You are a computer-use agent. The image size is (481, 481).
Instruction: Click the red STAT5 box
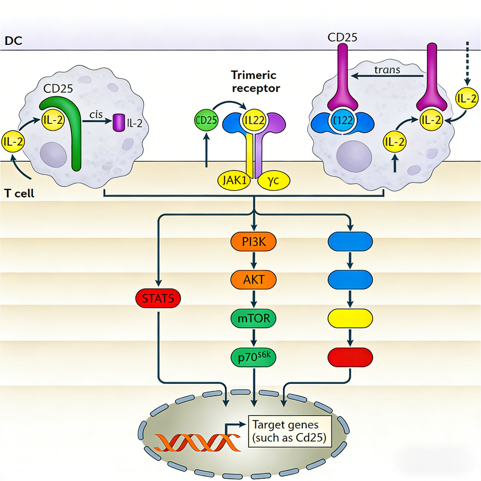(x=158, y=298)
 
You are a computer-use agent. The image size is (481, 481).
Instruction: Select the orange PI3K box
(x=253, y=241)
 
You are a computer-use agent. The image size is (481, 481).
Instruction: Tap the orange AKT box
(x=253, y=279)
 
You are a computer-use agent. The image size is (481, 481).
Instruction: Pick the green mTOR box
(x=253, y=318)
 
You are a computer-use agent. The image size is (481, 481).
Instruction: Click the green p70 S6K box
(x=253, y=357)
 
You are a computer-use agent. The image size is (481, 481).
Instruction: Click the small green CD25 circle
(x=205, y=120)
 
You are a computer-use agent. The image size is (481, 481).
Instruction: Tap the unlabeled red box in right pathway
(x=350, y=357)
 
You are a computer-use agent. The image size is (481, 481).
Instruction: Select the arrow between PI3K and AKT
(x=253, y=261)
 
